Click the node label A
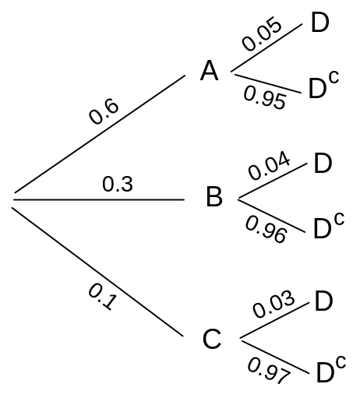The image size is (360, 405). [x=209, y=71]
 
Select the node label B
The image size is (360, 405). [x=214, y=197]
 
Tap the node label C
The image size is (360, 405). [x=212, y=339]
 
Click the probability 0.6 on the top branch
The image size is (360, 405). [x=104, y=111]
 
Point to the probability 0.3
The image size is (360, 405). [x=118, y=184]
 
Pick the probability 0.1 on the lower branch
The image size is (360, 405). [x=102, y=297]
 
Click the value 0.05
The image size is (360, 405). [x=262, y=33]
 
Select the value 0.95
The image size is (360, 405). [x=265, y=97]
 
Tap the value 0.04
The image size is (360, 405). [x=269, y=165]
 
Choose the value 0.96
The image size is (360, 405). [x=266, y=230]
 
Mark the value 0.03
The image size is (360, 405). [x=274, y=304]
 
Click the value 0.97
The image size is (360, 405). [x=269, y=371]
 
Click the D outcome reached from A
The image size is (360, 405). [x=320, y=23]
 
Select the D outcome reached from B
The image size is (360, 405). [x=323, y=163]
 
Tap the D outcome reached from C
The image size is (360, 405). [x=323, y=301]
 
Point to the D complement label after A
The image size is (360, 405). [x=323, y=85]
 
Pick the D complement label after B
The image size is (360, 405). [x=329, y=225]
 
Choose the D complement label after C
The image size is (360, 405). [x=331, y=369]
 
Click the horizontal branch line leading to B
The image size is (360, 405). [x=99, y=199]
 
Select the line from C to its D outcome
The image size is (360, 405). [x=274, y=320]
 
